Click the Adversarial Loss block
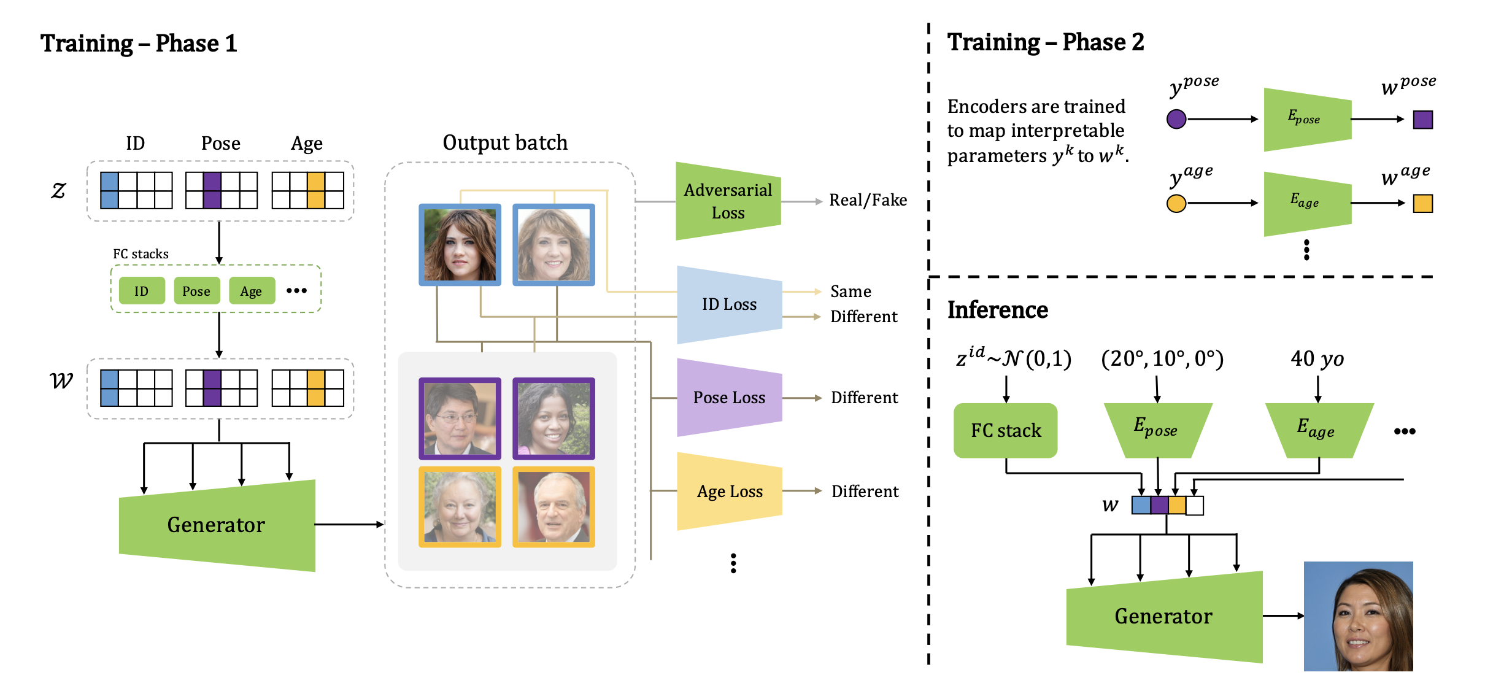point(728,201)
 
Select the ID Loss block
point(729,304)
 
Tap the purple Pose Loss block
point(729,398)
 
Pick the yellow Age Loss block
point(729,492)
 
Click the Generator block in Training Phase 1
point(217,525)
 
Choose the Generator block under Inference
point(1163,616)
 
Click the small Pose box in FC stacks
point(196,291)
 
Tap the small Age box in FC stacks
point(251,291)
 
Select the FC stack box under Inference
point(1005,430)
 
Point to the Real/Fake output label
point(868,200)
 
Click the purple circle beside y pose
point(1176,119)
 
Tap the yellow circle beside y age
point(1176,203)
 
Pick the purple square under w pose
point(1422,120)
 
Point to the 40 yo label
point(1317,359)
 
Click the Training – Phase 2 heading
point(1045,42)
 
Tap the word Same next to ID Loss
point(850,291)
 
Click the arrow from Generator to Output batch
point(349,524)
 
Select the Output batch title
point(505,142)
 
